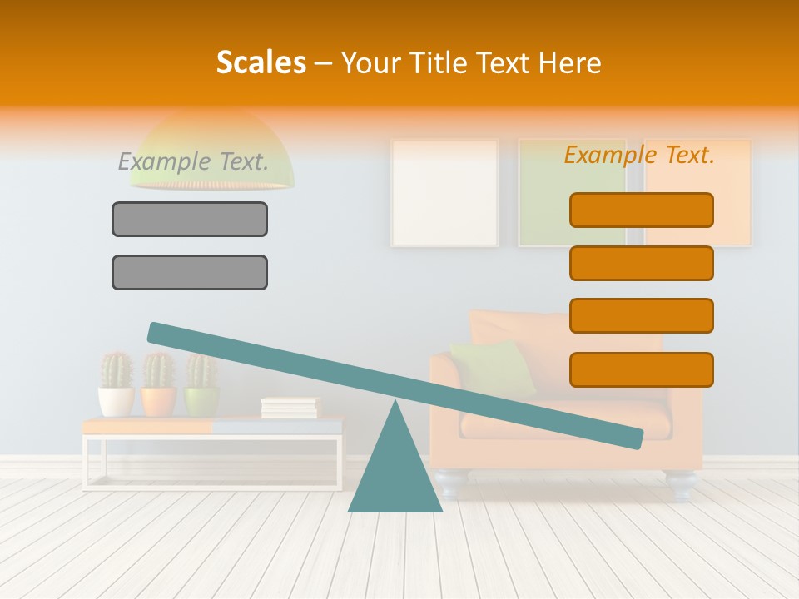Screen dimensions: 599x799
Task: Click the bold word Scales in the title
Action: [261, 62]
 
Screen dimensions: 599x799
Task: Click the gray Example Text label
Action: [193, 161]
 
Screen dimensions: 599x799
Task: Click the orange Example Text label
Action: [639, 154]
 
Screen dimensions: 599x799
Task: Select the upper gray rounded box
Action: [190, 219]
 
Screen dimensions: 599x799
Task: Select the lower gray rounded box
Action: [190, 272]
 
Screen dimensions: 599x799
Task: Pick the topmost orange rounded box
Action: [642, 210]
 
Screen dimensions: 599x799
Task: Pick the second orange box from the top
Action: [642, 263]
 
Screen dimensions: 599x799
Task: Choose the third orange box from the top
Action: [642, 316]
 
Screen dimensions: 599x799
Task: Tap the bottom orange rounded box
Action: [642, 369]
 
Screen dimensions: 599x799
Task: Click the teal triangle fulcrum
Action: [395, 474]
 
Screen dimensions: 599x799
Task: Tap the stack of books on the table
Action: [290, 408]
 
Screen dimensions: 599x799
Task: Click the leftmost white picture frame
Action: [444, 192]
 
